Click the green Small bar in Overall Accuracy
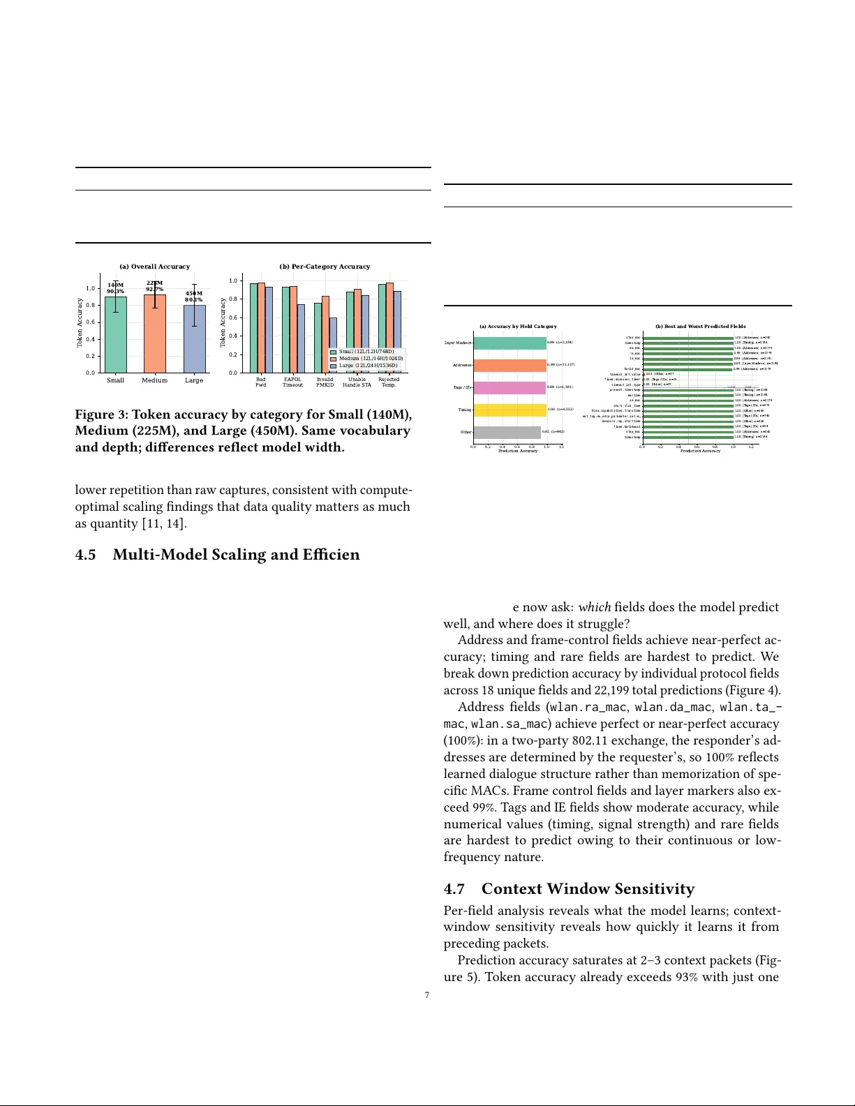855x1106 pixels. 116,335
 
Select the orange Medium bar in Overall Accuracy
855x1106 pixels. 155,334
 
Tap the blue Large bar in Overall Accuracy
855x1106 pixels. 194,339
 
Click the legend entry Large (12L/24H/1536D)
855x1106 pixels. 368,366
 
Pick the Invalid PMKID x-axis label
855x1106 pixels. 325,382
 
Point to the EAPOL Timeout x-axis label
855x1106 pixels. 292,382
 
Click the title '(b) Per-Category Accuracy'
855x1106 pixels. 325,267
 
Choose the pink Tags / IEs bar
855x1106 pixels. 510,388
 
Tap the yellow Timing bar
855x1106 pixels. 510,410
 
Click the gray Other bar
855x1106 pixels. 507,433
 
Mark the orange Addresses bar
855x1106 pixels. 510,366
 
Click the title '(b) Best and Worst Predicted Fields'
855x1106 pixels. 700,327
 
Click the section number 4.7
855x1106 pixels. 454,889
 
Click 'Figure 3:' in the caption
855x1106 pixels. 102,415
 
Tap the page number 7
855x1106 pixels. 427,995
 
